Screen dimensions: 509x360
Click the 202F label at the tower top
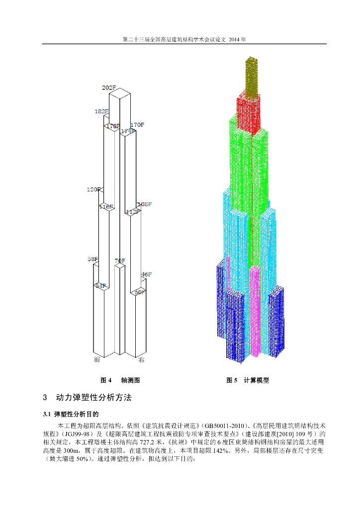[109, 88]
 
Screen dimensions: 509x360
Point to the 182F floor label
[101, 111]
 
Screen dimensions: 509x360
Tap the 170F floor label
[137, 124]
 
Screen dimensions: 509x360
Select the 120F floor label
[93, 189]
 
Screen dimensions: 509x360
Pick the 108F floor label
[144, 204]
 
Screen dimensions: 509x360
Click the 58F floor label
[93, 259]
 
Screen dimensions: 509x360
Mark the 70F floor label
[119, 261]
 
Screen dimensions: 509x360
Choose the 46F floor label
[146, 274]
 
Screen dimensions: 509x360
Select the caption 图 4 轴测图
[120, 380]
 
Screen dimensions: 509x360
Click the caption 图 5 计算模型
[248, 380]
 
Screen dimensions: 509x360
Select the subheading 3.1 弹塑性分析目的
[71, 414]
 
